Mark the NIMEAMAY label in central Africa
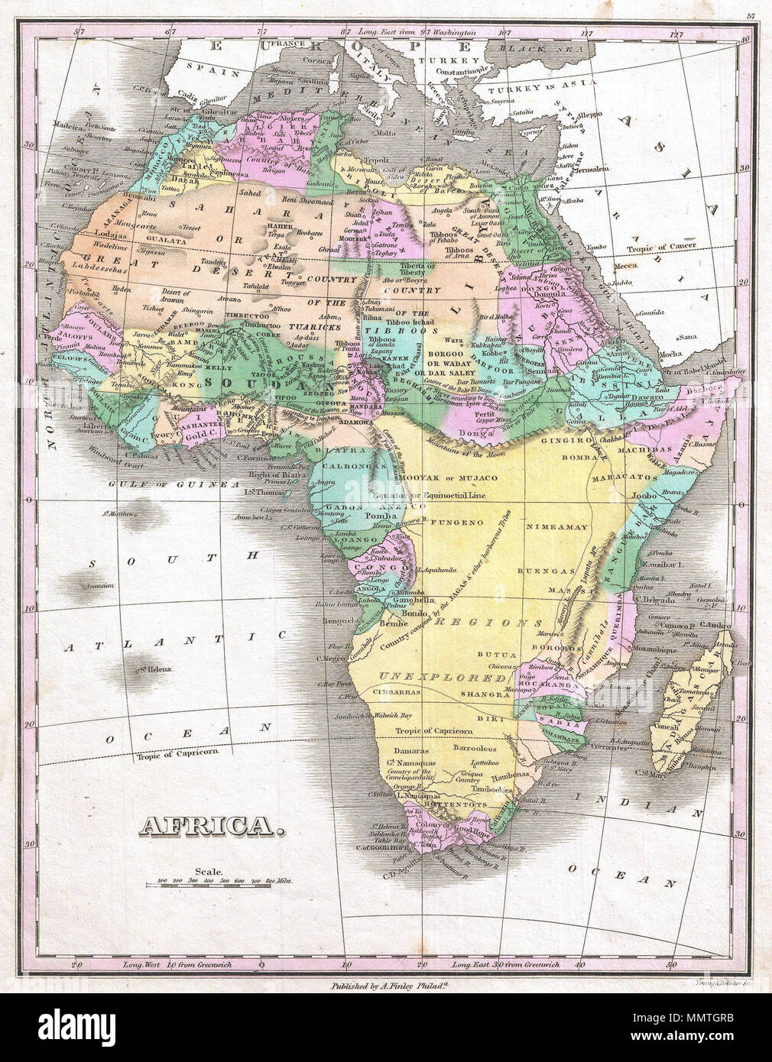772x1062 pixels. tap(549, 527)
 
